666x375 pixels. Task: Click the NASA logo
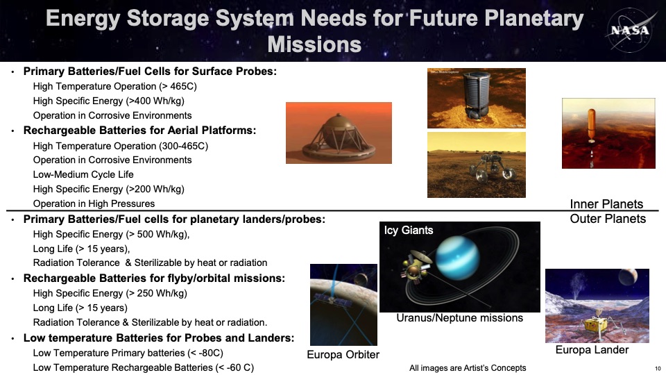click(630, 31)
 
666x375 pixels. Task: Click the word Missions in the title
click(314, 44)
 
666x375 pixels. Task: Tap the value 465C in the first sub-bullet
click(182, 86)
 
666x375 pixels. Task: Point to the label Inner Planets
click(606, 204)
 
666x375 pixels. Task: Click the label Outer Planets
click(608, 219)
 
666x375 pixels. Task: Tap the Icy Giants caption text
click(409, 231)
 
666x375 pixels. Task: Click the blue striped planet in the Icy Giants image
click(457, 258)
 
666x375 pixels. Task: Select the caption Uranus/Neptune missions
click(459, 318)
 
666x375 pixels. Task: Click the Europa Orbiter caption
click(343, 355)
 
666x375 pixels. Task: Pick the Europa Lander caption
click(592, 350)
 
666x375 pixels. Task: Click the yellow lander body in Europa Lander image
click(596, 325)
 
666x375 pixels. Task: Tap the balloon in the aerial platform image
click(592, 124)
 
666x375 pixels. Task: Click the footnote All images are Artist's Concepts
click(468, 368)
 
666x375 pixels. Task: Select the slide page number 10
click(658, 369)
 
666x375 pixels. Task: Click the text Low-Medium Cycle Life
click(83, 175)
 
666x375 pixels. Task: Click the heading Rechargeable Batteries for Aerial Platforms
click(139, 131)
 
